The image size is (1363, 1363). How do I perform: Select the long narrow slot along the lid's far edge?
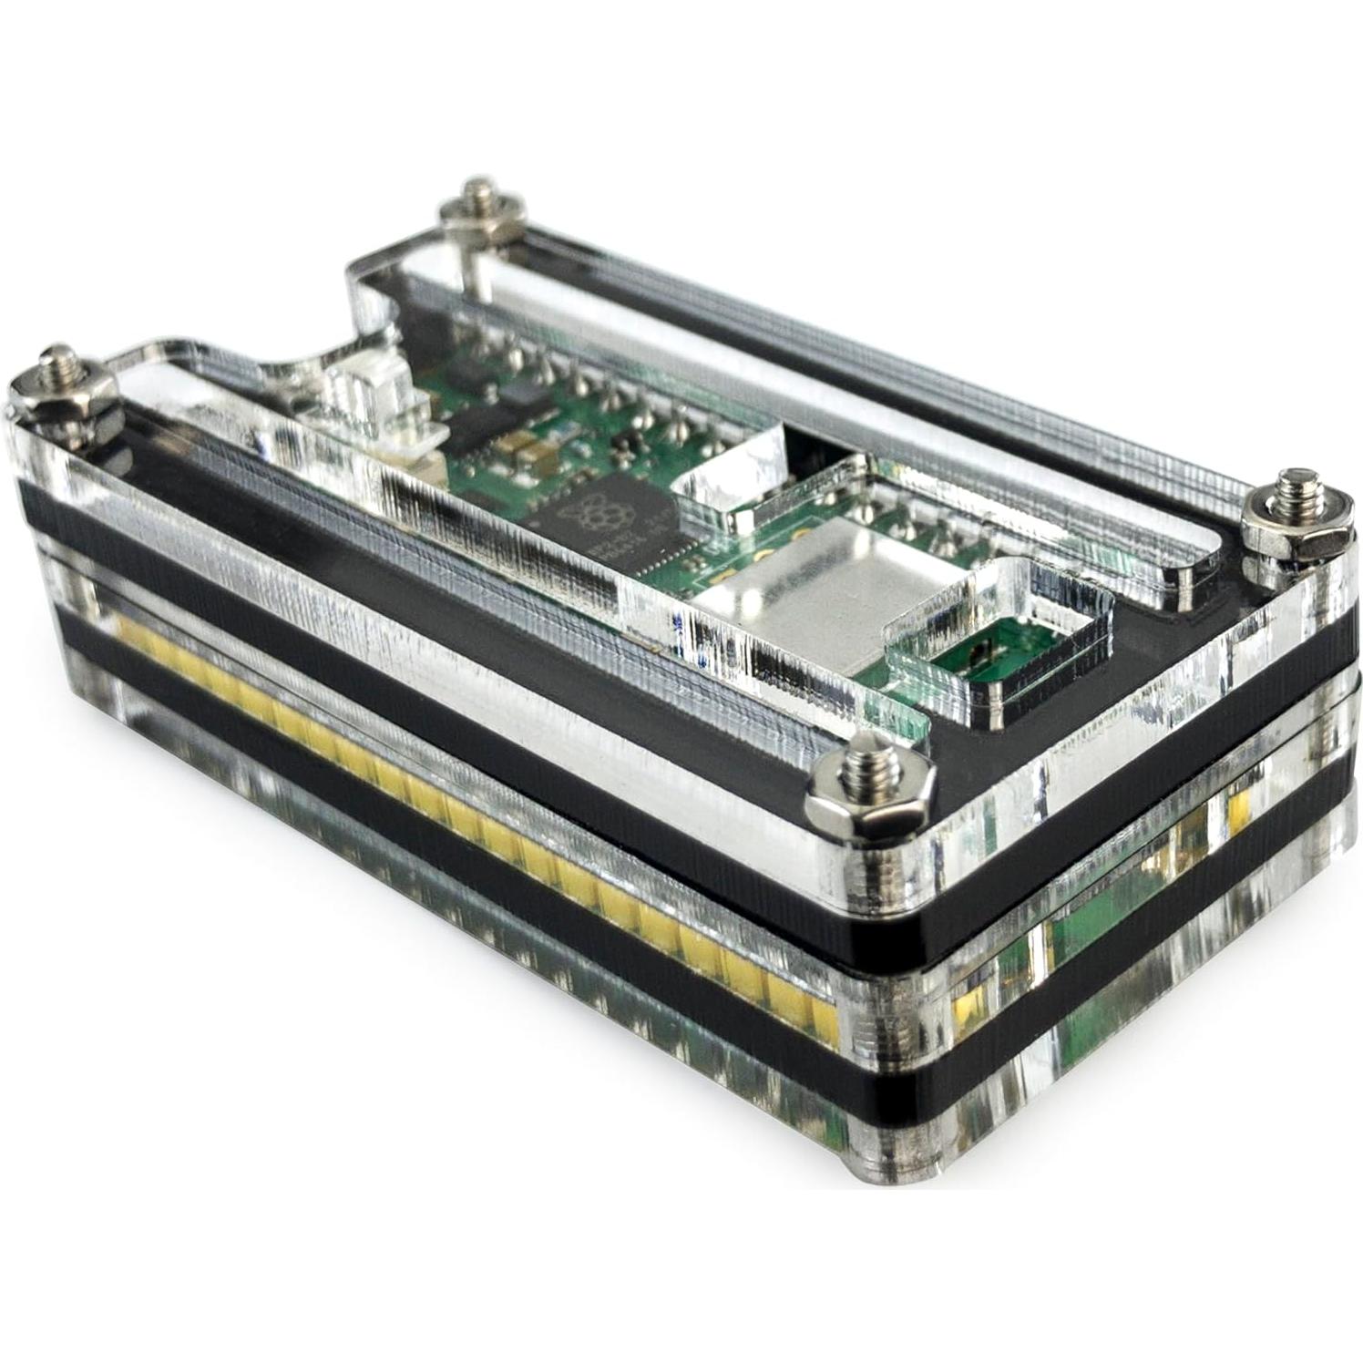[820, 364]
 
